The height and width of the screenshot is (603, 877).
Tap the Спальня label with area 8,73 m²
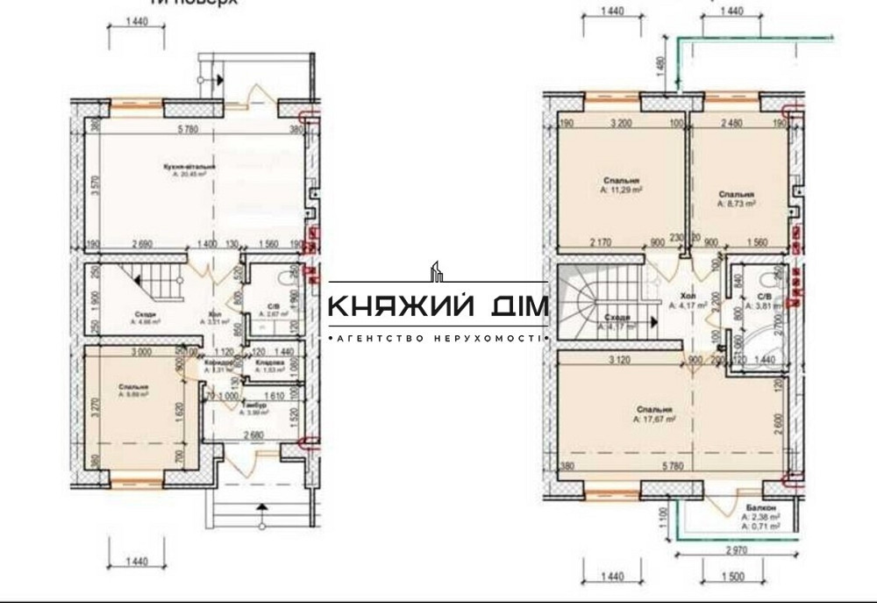tap(736, 194)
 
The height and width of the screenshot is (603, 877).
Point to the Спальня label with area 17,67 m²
tap(654, 410)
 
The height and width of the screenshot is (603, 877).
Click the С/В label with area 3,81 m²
tap(764, 298)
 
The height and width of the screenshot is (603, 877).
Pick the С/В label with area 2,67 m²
tap(273, 306)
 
